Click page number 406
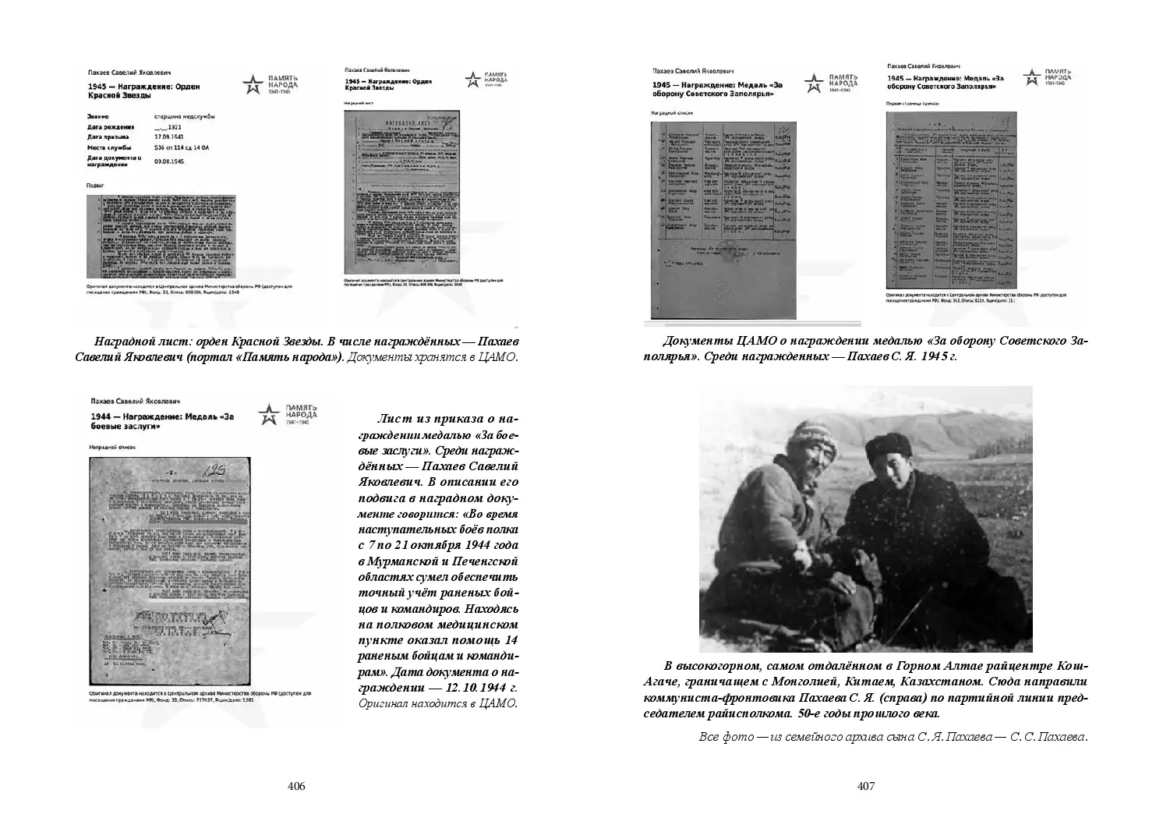295,786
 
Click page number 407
866,786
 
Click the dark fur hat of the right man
883,447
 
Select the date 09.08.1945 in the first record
169,161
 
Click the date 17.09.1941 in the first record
168,136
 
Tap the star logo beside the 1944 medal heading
268,416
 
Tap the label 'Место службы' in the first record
110,147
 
